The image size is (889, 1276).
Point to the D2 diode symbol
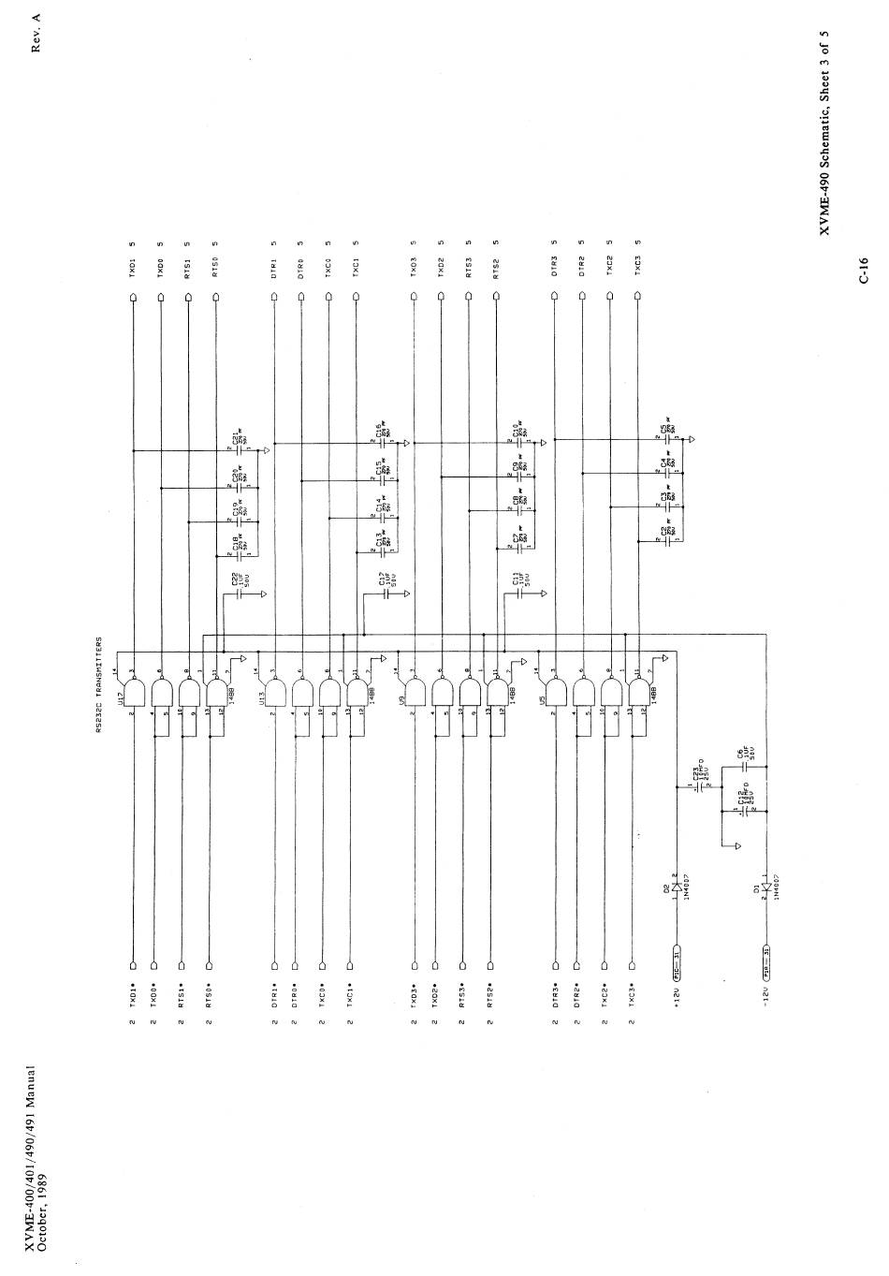coord(677,887)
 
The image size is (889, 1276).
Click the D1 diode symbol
coord(766,887)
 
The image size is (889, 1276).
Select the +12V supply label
coord(677,992)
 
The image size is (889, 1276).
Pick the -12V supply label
coord(766,992)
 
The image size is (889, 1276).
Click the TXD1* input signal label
coord(132,992)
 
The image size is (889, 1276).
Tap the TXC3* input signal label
coord(633,992)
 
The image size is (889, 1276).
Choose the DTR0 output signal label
coord(301,270)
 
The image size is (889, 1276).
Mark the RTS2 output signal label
coord(496,270)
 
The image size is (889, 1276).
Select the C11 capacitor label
coord(516,582)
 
